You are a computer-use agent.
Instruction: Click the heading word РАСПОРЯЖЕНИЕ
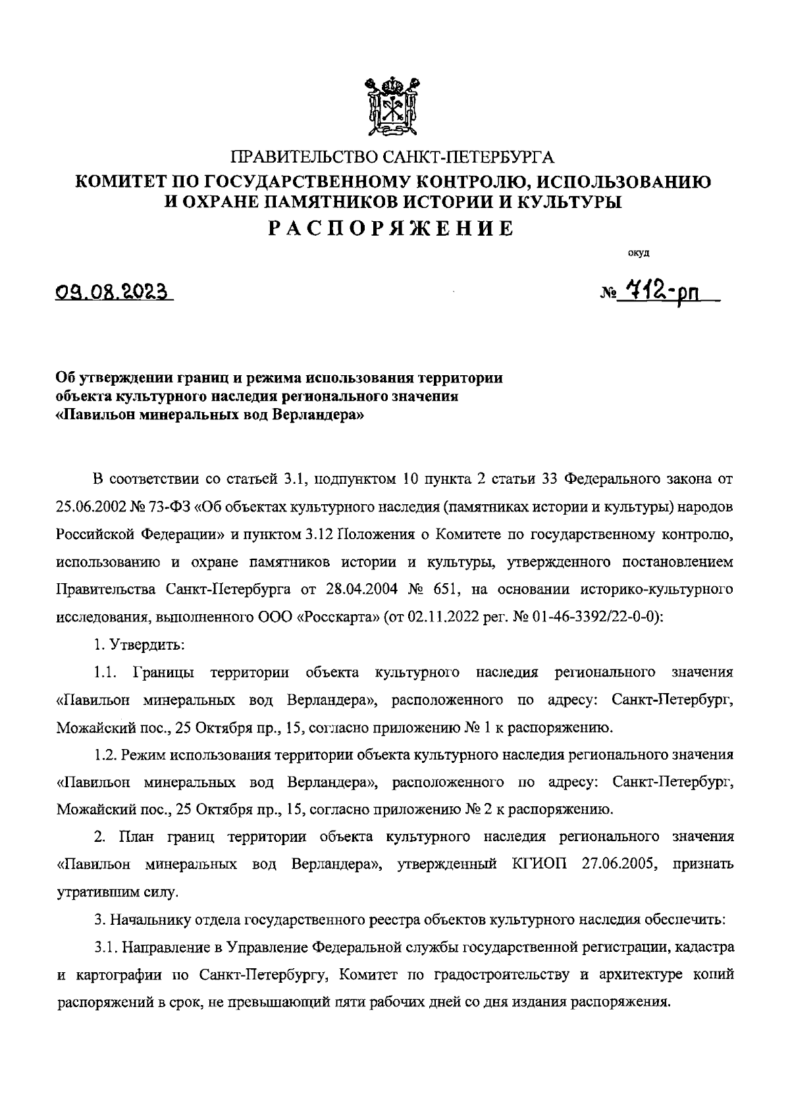tap(393, 228)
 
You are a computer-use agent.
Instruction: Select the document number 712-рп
tap(659, 289)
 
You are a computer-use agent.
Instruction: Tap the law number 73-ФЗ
tap(173, 508)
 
